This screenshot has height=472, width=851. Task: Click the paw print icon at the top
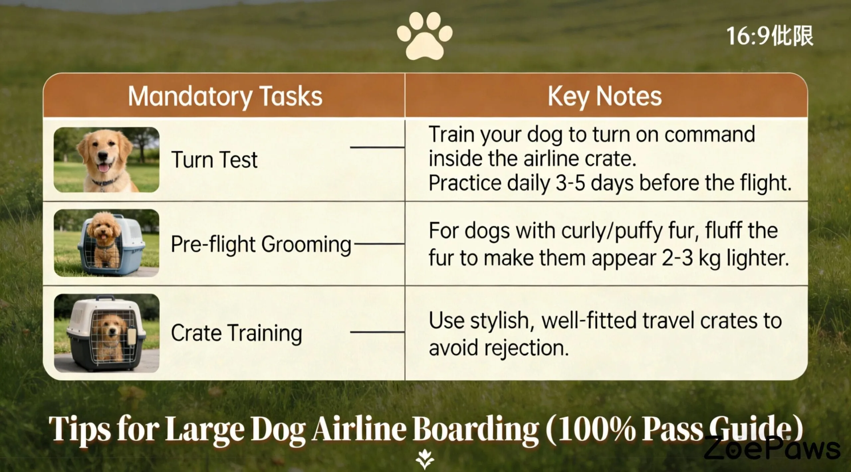coord(425,37)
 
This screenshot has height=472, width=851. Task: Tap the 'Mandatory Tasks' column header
coord(225,96)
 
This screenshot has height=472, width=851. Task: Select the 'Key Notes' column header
coord(605,96)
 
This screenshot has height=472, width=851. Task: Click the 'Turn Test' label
coord(214,160)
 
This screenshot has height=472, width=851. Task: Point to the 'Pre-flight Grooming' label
coord(261,244)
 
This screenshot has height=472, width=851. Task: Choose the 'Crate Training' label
coord(236,333)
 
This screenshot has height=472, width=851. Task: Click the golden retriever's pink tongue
coord(104,168)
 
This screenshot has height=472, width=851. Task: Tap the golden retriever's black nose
coord(103,155)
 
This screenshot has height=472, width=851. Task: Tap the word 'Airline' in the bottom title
coord(359,429)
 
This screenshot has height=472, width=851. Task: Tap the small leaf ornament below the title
coord(425,460)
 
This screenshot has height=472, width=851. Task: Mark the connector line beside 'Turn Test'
coord(377,147)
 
